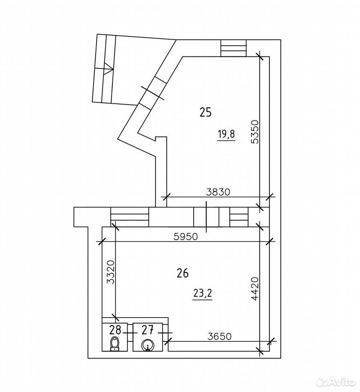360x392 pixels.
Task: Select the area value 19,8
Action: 226,134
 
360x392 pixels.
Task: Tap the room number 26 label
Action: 182,273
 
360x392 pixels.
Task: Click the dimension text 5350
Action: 255,132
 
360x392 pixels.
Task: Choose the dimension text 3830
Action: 218,192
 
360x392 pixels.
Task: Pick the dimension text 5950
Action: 186,236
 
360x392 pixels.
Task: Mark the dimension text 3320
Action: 110,272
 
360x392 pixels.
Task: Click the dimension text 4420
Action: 255,289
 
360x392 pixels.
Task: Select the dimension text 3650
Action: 219,336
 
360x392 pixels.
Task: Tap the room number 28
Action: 115,330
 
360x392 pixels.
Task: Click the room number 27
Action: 148,330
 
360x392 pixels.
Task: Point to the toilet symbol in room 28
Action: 114,344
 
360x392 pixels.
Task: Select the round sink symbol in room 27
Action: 148,345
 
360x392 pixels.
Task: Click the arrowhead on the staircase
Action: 108,68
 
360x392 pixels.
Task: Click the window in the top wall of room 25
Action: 233,48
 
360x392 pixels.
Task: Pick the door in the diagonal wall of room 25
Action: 152,93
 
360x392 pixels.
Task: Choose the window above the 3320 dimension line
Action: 130,217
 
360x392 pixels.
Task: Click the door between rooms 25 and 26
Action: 206,217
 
